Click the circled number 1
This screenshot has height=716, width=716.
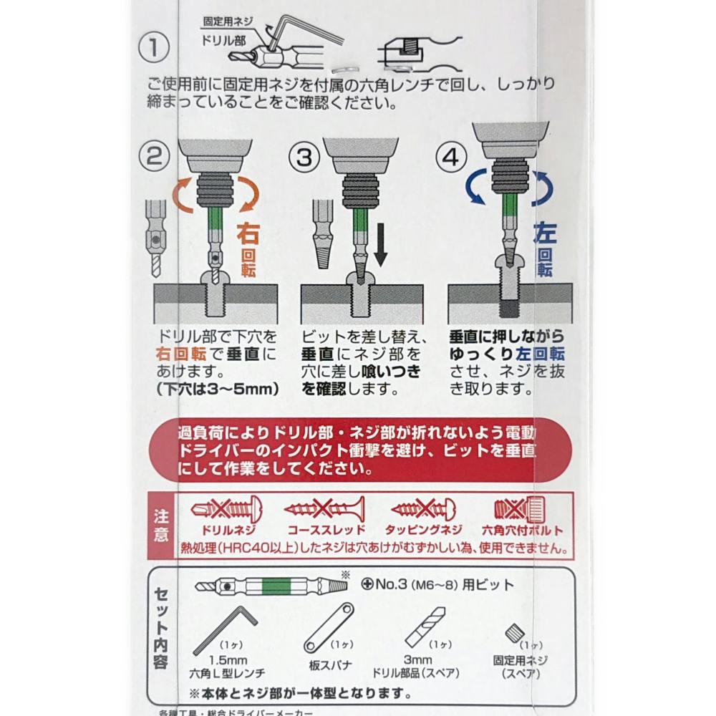153,47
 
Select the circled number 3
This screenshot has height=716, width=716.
304,157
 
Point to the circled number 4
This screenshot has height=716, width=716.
451,157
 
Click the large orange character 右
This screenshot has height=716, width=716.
248,234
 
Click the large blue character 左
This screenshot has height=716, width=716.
545,233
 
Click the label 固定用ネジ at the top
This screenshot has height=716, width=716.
228,21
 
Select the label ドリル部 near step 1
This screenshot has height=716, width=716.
223,40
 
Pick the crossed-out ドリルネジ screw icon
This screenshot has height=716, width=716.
226,508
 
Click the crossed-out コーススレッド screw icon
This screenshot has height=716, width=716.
324,508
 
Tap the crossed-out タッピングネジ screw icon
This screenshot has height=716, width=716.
424,508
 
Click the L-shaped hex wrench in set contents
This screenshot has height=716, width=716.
225,631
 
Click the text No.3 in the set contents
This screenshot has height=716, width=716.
391,584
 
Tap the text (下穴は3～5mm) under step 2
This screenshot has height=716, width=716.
218,389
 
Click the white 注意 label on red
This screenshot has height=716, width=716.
160,526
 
